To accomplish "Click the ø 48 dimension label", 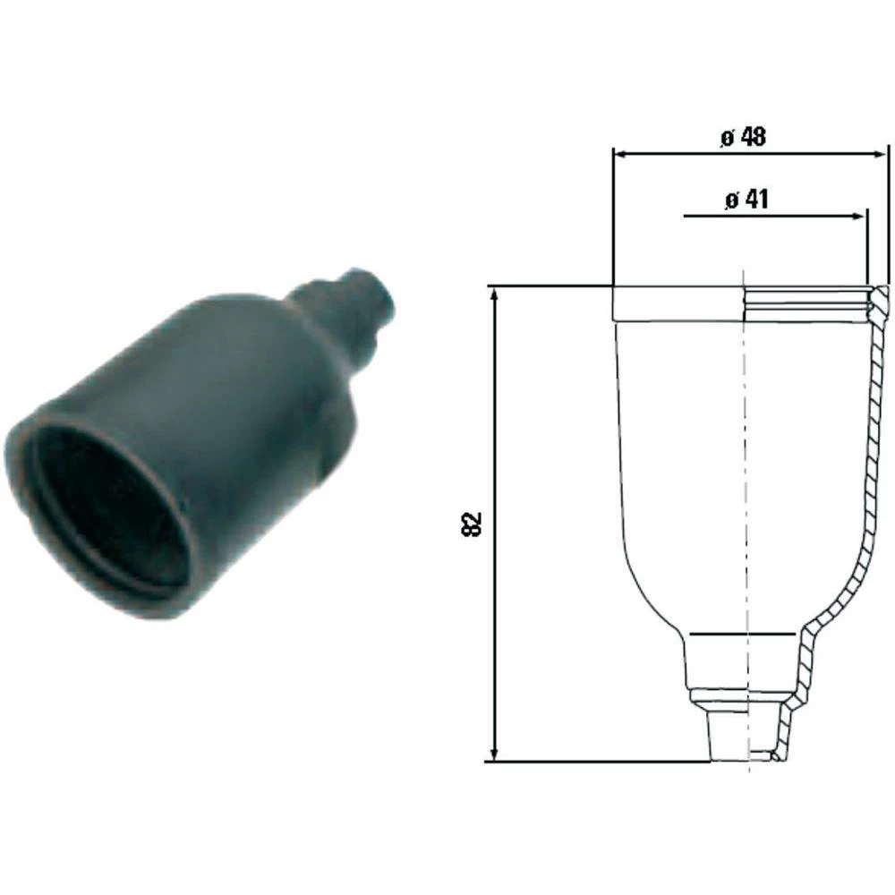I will point(743,138).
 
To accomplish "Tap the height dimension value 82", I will point(474,524).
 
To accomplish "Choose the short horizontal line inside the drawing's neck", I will point(743,634).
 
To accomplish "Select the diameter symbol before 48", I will point(726,139).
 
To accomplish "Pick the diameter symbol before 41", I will point(730,200).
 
